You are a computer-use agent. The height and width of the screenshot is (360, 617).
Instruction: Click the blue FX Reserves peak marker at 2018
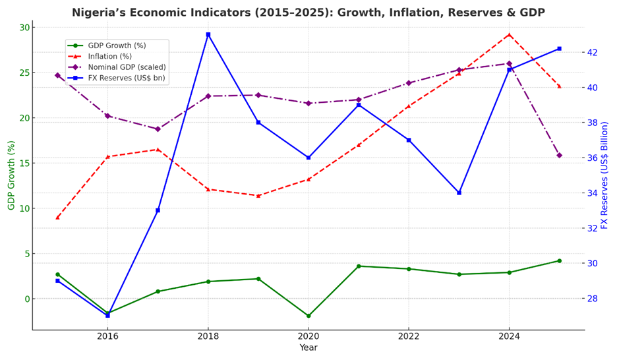click(x=208, y=34)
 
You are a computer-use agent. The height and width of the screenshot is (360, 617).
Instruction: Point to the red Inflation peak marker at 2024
click(x=509, y=34)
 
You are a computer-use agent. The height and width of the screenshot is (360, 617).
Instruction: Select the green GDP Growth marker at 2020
click(x=308, y=316)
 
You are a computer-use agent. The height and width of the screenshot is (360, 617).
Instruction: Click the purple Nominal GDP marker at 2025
click(x=559, y=155)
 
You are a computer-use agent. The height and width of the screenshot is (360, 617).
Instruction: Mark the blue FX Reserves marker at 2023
click(x=459, y=193)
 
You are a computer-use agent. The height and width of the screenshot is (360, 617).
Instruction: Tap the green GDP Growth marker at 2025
click(x=559, y=260)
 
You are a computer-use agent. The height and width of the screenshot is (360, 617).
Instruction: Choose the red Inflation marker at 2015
click(x=57, y=217)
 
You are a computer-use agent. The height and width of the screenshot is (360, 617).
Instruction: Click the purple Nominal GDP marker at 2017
click(x=158, y=129)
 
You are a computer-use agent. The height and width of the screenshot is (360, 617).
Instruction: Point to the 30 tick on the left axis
click(x=24, y=27)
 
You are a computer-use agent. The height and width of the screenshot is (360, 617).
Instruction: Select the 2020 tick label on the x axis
click(x=308, y=336)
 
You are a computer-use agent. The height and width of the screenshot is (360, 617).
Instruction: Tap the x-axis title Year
click(x=308, y=348)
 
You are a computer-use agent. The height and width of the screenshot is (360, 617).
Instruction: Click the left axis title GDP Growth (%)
click(x=11, y=175)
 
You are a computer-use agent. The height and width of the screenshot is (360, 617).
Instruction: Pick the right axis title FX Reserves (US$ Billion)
click(x=605, y=175)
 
